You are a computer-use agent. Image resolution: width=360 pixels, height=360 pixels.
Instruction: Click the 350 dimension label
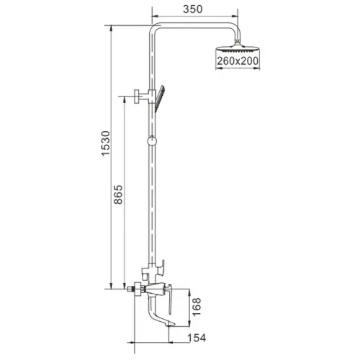click(193, 9)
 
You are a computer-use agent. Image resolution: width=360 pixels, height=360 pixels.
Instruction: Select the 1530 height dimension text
click(106, 143)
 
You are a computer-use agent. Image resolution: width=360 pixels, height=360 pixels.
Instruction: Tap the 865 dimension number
click(118, 194)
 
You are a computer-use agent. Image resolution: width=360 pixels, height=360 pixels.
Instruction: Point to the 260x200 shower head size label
click(238, 61)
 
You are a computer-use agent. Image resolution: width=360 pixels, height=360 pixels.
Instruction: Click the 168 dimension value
click(197, 307)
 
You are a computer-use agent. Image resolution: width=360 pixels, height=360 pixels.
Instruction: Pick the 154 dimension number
click(197, 338)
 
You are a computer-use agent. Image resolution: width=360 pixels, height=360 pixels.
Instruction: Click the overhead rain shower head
click(238, 49)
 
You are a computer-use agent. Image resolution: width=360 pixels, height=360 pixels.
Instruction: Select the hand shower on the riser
click(160, 99)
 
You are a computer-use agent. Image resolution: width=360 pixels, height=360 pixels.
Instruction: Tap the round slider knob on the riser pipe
click(152, 140)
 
